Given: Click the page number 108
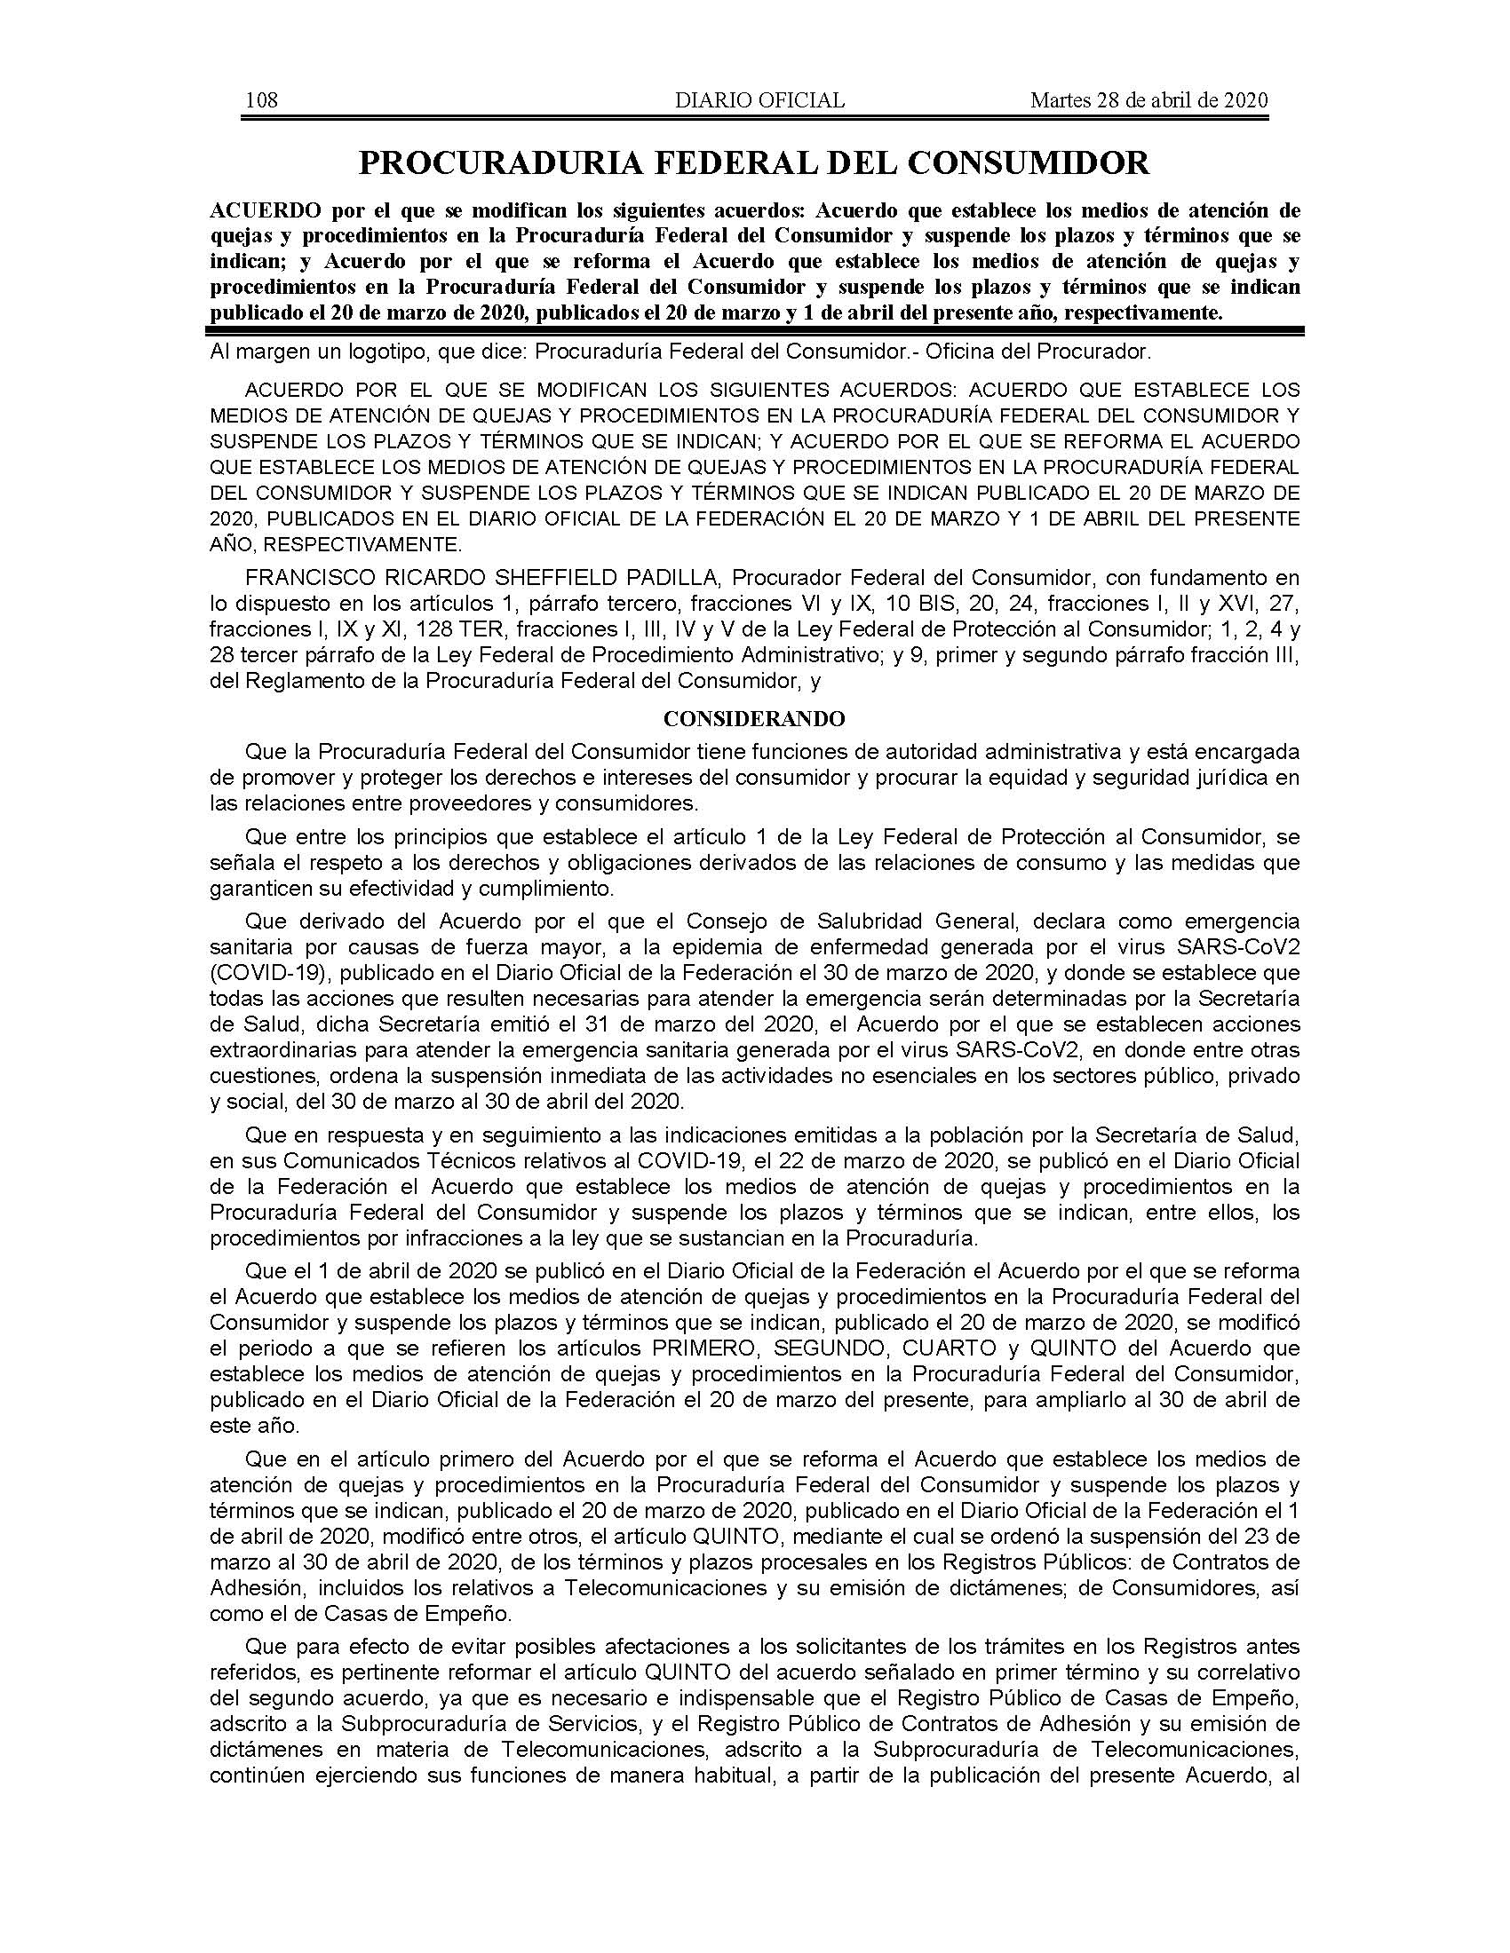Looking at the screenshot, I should coord(262,100).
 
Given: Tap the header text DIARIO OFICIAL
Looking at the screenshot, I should coord(759,100).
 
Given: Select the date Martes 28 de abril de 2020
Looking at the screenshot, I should coord(1149,100).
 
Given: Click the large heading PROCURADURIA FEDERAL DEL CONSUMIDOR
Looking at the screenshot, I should coord(754,162).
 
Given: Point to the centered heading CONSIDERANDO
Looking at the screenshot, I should coord(754,719).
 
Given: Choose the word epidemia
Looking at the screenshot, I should coord(611,946).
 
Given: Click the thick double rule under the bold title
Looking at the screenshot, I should coord(754,331).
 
